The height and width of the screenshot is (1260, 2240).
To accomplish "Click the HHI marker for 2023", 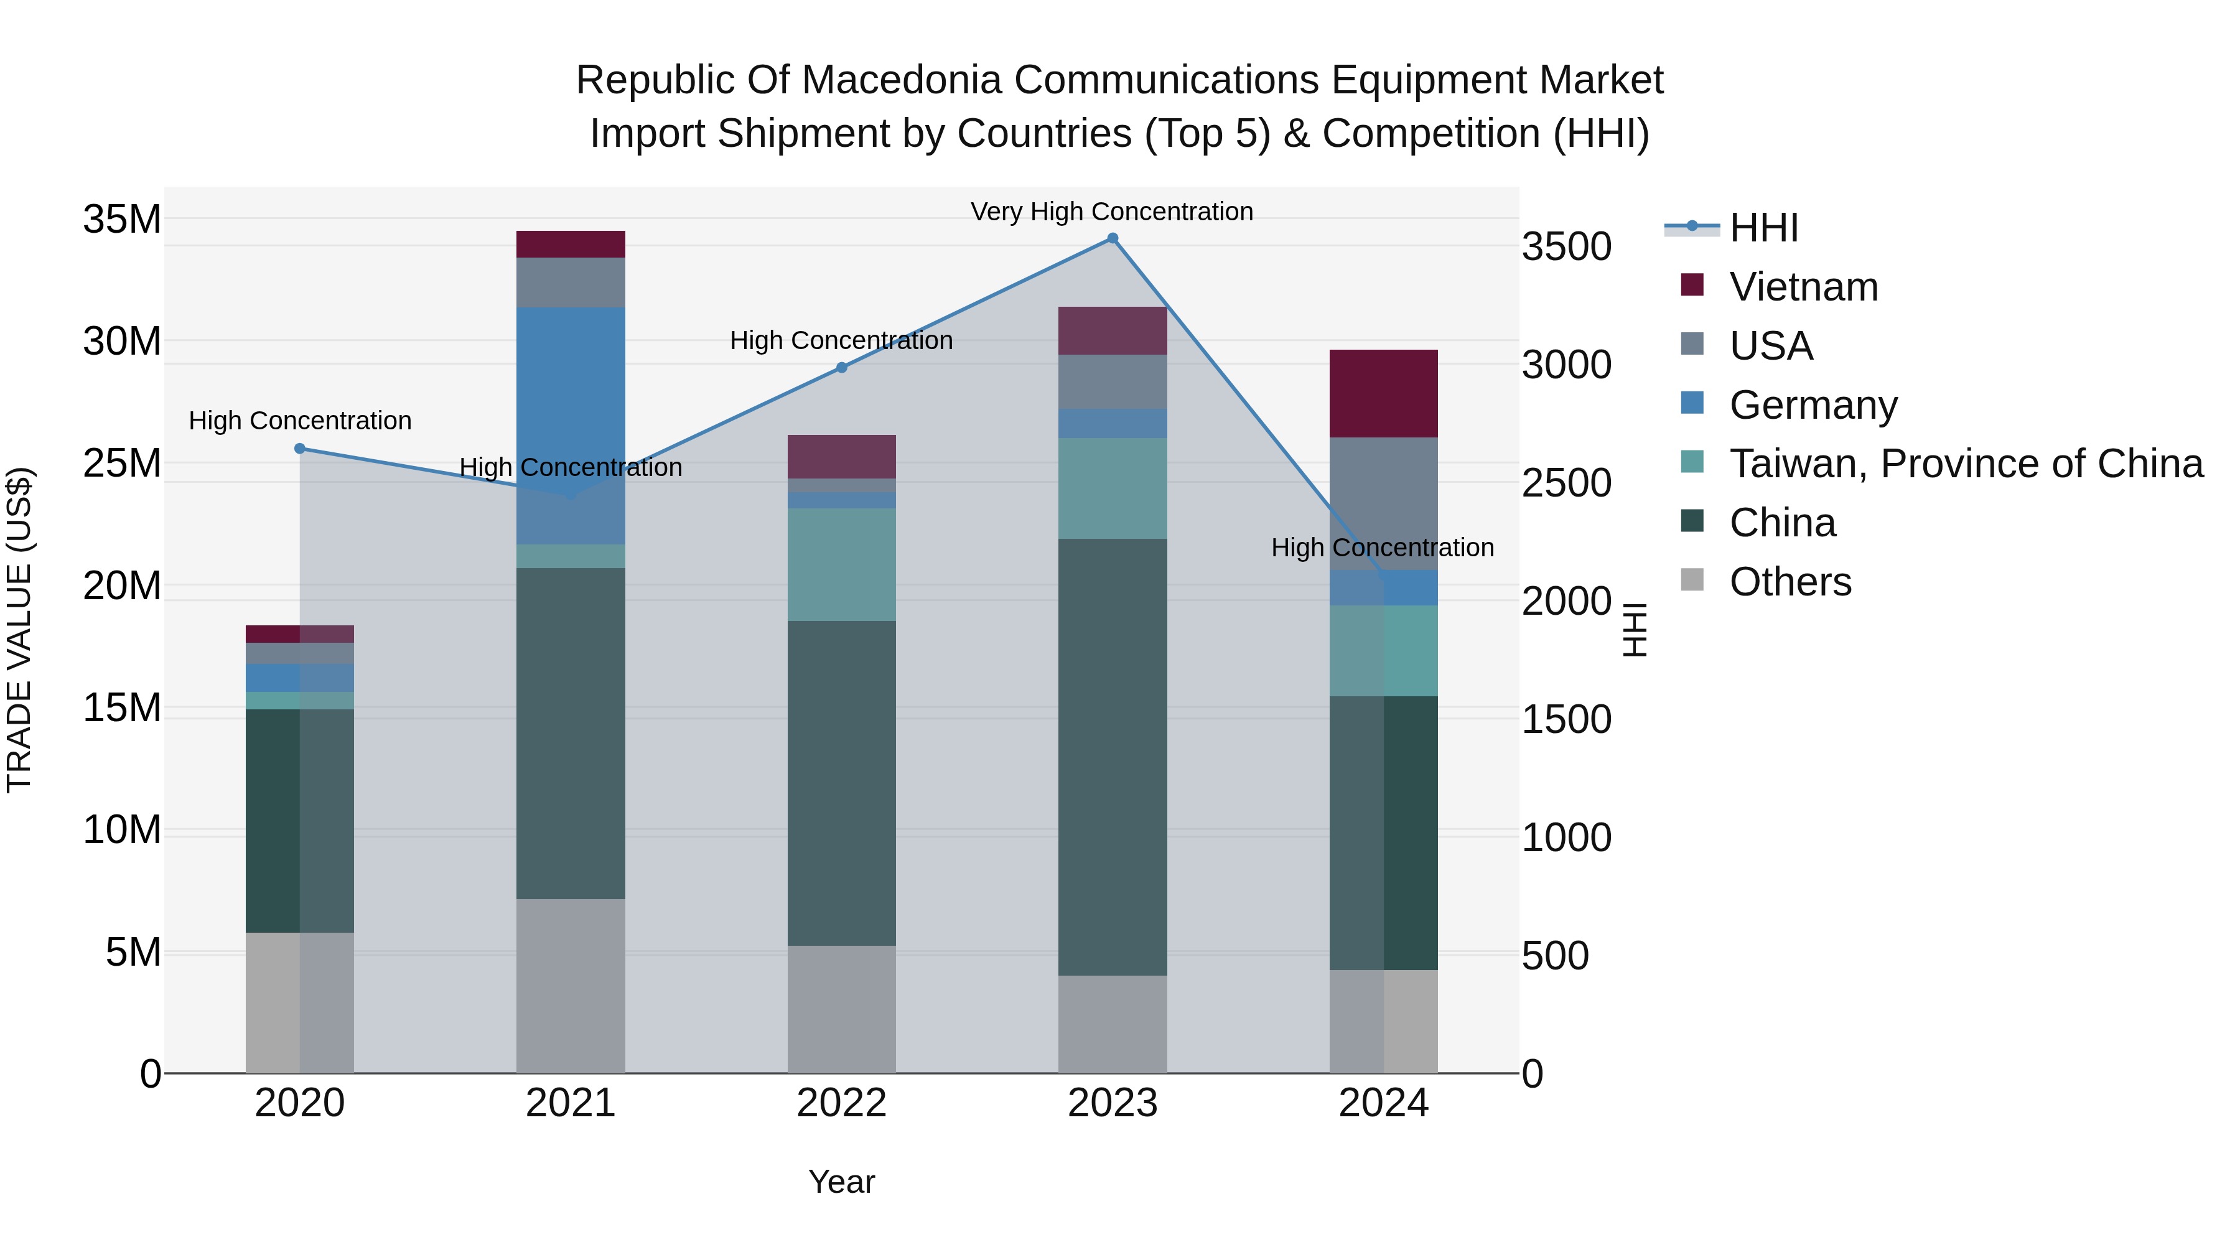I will pos(1112,238).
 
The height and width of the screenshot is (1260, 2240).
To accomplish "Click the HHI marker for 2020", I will pos(300,449).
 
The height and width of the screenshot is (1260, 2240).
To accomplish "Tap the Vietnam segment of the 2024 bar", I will pos(1383,393).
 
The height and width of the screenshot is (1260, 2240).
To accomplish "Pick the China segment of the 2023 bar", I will pos(1112,757).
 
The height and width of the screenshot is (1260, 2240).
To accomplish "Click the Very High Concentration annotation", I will pos(1111,212).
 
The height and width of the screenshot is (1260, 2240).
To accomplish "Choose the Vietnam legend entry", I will pos(1803,287).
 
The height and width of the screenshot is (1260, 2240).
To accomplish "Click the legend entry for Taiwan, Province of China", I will pos(1965,464).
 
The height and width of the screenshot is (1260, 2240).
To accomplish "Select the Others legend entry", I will pos(1790,582).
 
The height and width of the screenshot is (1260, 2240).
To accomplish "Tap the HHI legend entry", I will pos(1763,228).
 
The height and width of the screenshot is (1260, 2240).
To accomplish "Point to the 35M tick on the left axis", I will pos(122,219).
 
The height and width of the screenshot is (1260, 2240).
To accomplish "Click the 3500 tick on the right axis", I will pos(1566,247).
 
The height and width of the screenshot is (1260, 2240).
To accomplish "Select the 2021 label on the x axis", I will pos(571,1103).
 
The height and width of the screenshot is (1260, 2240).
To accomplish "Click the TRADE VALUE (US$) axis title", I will pos(19,630).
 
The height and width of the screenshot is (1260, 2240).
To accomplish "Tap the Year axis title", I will pos(841,1182).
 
